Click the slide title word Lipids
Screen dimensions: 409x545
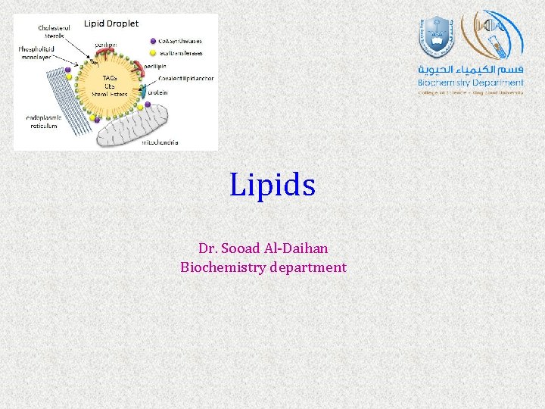[272, 185]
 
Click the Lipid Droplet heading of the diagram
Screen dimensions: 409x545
[111, 23]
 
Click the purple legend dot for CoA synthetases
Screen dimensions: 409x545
[153, 41]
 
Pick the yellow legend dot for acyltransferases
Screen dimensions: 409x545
[153, 54]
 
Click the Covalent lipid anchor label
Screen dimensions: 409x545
[185, 79]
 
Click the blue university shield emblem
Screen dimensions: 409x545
[434, 37]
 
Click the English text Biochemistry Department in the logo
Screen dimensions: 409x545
[471, 83]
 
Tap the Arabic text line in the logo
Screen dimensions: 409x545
[471, 70]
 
